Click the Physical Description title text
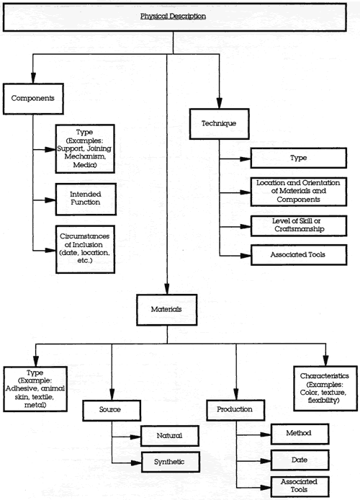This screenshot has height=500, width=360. [173, 16]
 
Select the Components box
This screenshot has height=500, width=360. [33, 99]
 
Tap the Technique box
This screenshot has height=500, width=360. [219, 124]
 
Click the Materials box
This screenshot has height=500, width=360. [166, 310]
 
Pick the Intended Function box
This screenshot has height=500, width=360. [86, 199]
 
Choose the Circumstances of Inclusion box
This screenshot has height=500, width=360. [85, 249]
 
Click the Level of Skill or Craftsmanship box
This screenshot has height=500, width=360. [299, 226]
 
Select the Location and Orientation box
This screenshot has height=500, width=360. [299, 192]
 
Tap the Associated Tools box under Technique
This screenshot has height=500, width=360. [299, 255]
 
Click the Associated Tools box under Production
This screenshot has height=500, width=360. [300, 486]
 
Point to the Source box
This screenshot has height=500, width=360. [112, 411]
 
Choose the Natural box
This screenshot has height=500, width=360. [170, 436]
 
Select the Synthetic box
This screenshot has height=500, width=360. [170, 462]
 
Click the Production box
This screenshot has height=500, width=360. [235, 410]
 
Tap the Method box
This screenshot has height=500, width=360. [300, 434]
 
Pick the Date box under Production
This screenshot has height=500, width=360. [300, 460]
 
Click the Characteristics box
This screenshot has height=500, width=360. [325, 388]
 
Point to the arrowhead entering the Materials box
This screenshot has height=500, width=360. [167, 289]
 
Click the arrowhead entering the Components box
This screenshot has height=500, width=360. [33, 78]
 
